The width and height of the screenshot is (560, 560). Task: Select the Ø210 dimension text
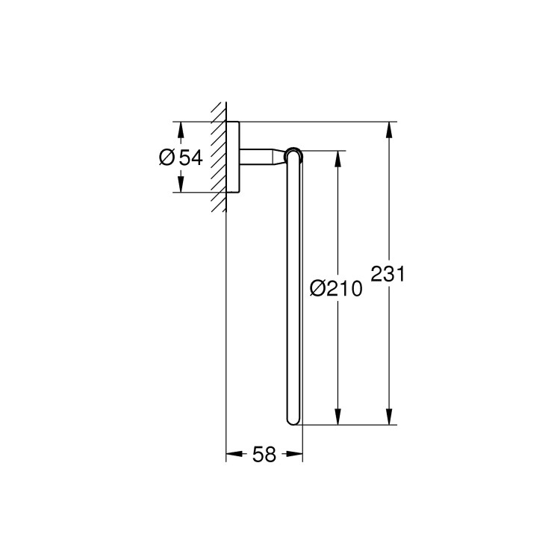pos(335,288)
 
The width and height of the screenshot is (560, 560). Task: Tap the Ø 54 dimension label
pos(181,157)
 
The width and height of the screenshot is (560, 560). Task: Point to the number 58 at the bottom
pos(264,454)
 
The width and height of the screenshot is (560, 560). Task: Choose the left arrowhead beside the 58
pos(234,454)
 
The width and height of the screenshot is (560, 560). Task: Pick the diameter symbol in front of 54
pos(167,157)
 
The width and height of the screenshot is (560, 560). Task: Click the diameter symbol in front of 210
pos(317,288)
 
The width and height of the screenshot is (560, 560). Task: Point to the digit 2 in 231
pos(377,274)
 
